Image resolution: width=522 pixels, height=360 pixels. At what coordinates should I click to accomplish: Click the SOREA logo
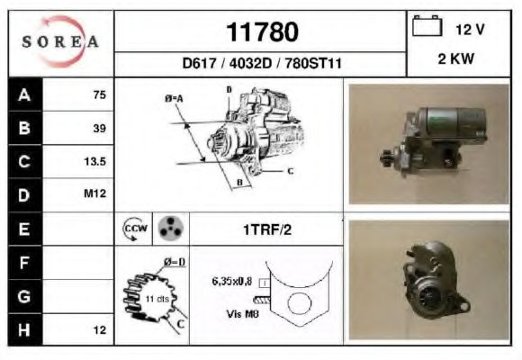(60, 41)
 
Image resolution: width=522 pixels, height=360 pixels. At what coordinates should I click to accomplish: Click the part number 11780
(262, 32)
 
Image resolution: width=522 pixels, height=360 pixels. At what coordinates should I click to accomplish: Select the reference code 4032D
(250, 63)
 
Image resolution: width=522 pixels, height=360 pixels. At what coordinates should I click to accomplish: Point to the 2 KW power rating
(455, 58)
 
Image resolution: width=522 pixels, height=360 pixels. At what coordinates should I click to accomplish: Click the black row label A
(25, 94)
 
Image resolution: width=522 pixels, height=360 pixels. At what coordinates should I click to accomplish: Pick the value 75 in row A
(100, 94)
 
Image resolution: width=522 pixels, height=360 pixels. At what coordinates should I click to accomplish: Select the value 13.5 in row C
(94, 161)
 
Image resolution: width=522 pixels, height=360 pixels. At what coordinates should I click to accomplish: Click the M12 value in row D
(94, 193)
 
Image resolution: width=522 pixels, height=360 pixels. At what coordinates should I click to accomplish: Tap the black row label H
(25, 329)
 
